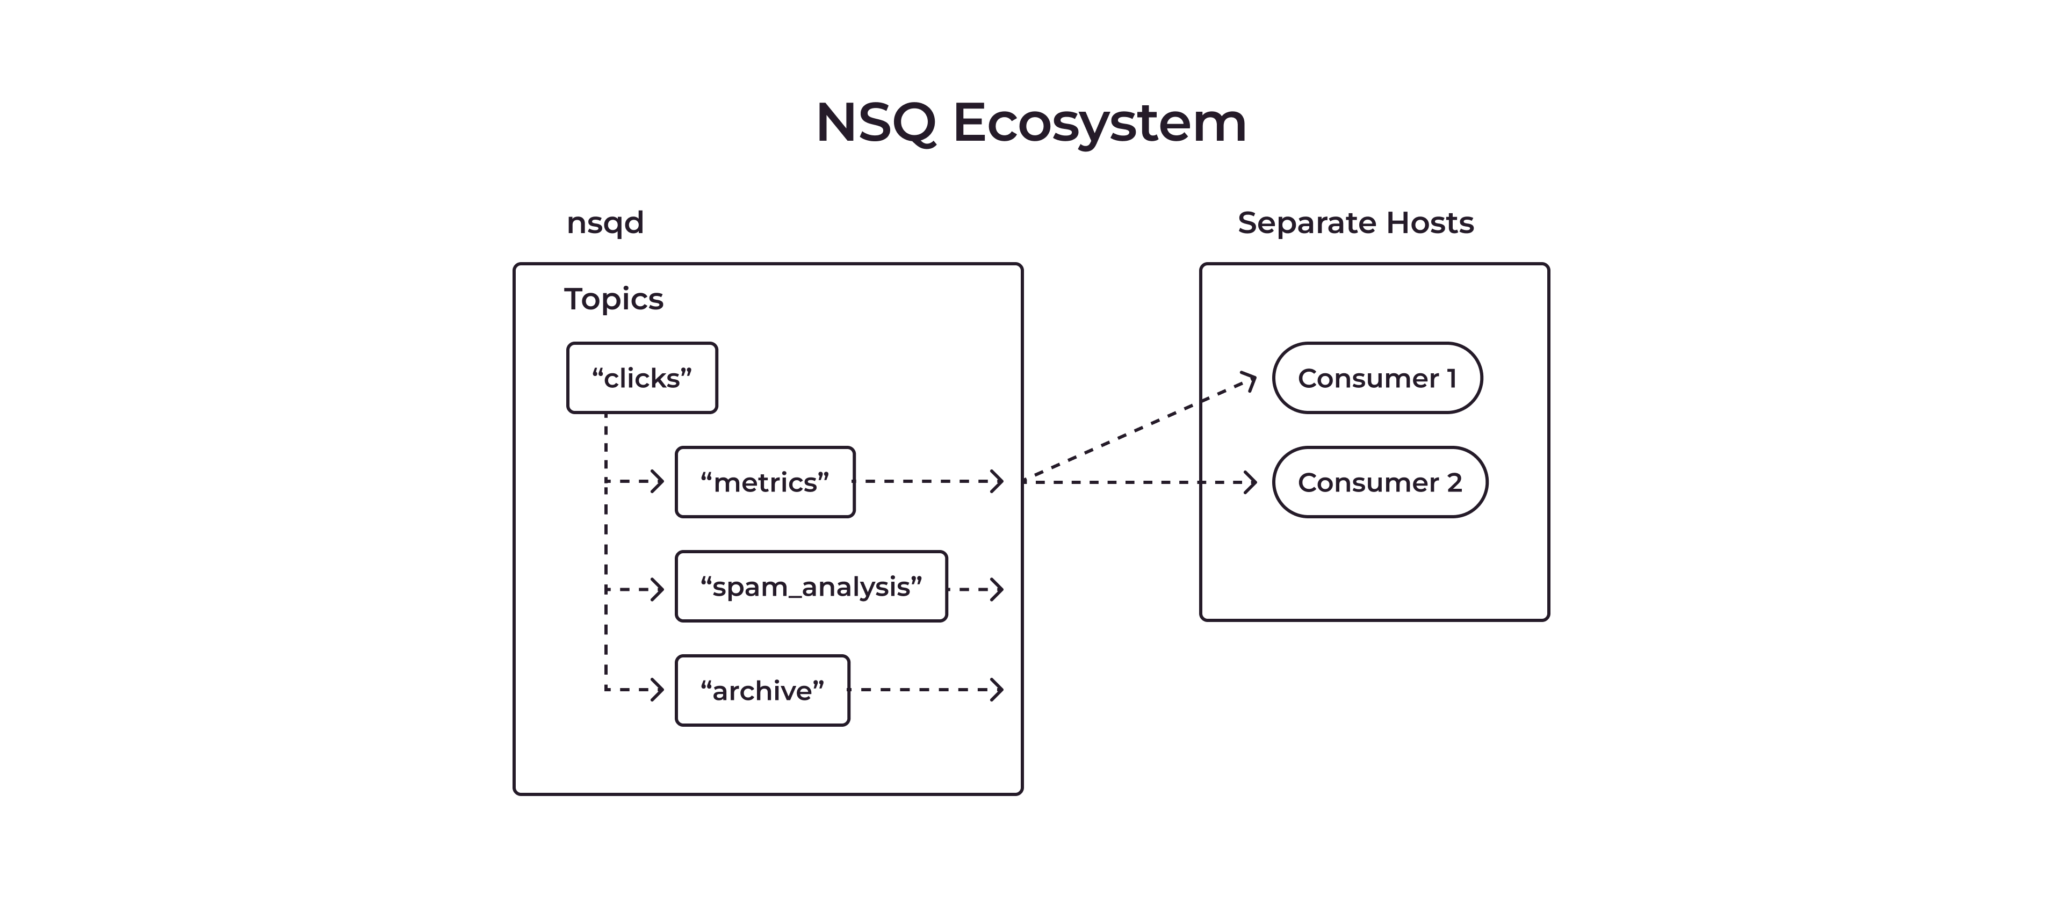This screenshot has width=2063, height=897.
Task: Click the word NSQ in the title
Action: (875, 124)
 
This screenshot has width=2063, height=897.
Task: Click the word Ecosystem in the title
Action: (1100, 124)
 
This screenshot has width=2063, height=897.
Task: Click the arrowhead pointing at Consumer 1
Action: (1249, 380)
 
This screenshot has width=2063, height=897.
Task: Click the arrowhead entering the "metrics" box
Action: (658, 481)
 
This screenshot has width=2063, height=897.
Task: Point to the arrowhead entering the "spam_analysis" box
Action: (658, 589)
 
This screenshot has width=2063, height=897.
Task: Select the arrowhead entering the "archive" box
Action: (658, 690)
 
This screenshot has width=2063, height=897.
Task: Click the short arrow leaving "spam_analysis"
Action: (976, 589)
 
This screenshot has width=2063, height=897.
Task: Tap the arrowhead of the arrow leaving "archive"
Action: (998, 690)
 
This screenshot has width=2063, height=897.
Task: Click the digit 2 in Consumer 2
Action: (1454, 483)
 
